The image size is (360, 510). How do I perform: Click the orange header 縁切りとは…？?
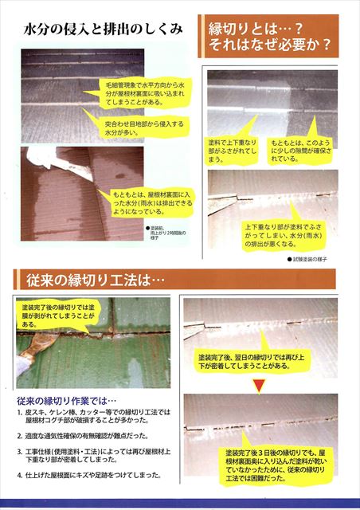(268, 28)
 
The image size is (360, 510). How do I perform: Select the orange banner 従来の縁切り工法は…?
(90, 280)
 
